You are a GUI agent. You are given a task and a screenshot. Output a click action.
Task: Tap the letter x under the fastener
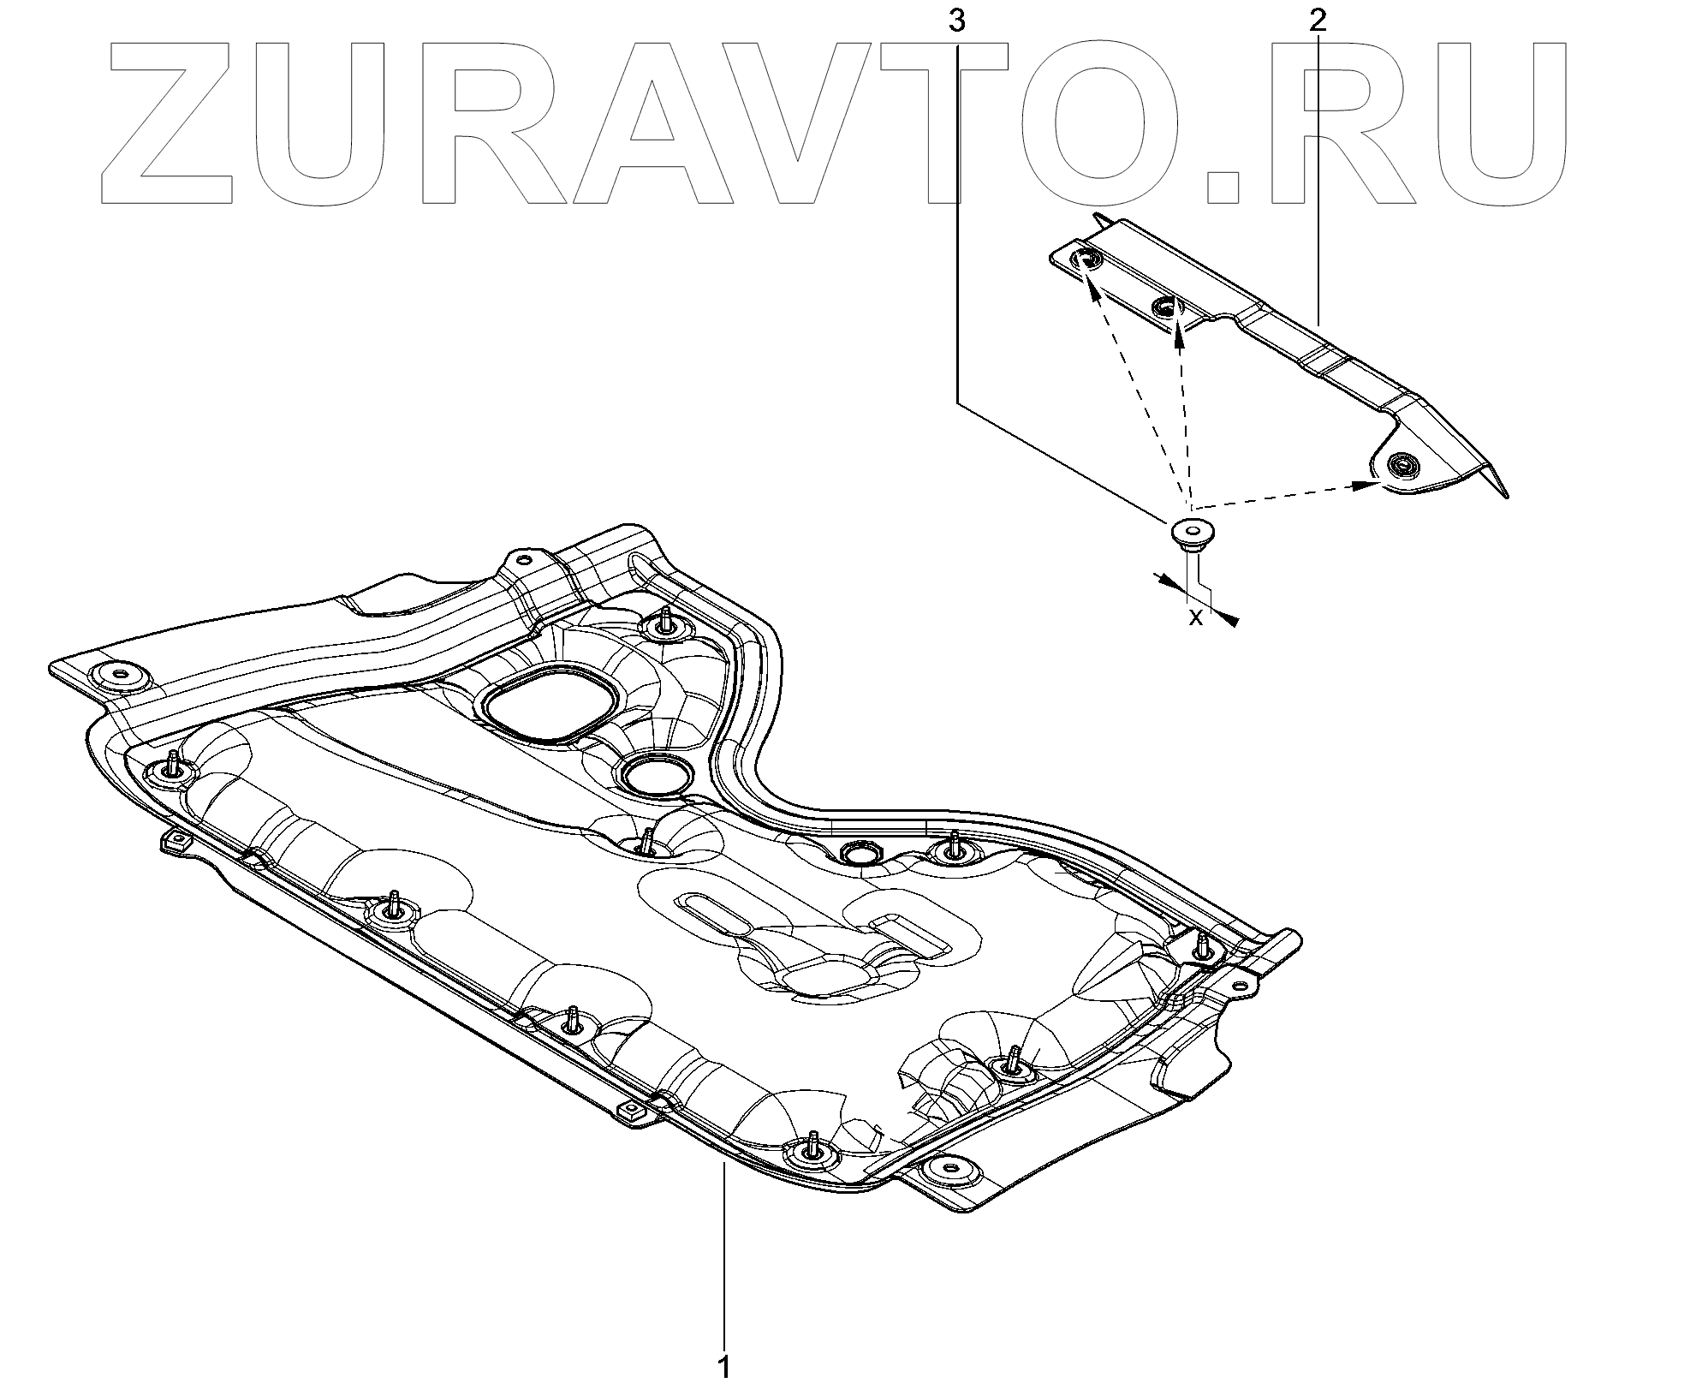point(1196,617)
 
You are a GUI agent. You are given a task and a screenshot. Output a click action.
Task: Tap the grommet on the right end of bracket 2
point(1402,465)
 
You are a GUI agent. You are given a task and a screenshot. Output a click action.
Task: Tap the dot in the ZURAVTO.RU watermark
point(1229,183)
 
